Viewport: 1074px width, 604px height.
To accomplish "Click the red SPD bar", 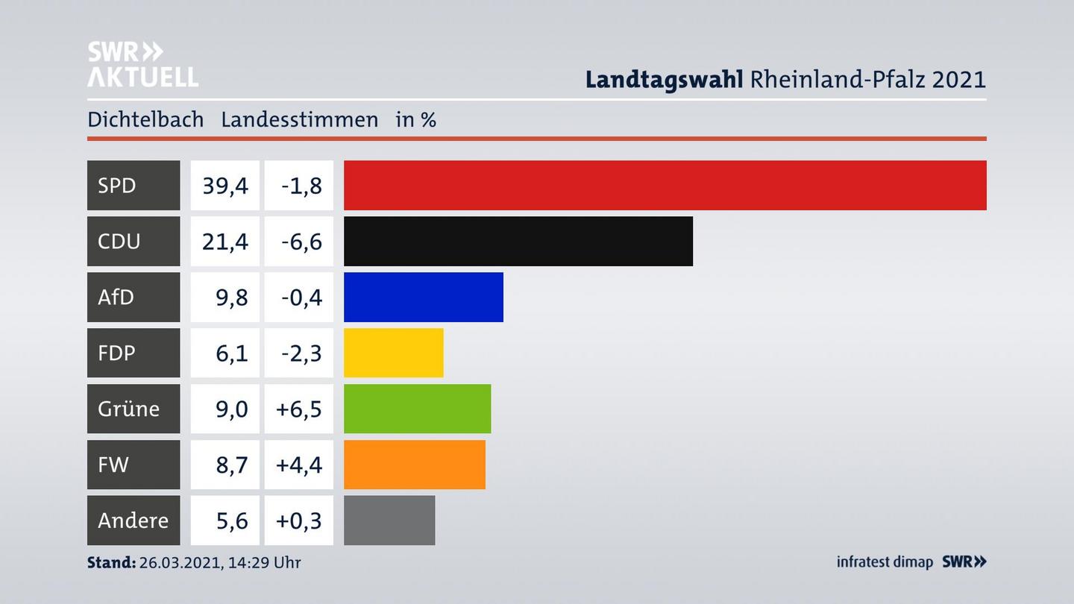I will coord(665,185).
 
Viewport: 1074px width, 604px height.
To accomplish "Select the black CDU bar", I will coord(518,241).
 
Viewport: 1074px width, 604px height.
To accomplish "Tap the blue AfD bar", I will coord(423,297).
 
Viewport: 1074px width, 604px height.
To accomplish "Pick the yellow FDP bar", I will coord(393,353).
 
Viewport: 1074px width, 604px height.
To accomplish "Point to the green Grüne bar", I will coord(417,409).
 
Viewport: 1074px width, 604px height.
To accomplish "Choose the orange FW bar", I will coord(414,465).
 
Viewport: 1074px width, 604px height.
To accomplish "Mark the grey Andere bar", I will coord(389,520).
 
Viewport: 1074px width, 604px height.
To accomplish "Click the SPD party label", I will coord(117,185).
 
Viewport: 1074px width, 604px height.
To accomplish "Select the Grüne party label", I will coord(128,409).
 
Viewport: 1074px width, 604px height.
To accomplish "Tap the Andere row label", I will coord(133,520).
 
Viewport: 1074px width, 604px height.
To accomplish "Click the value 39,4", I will coord(225,185).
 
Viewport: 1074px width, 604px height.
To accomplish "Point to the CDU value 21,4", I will coord(225,241).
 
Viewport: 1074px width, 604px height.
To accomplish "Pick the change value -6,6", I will coord(301,241).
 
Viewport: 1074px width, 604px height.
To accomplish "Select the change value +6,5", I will coord(299,409).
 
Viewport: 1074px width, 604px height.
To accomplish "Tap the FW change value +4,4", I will coord(299,465).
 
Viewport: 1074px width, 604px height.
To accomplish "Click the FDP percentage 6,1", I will coord(231,353).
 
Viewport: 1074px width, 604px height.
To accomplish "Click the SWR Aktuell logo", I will coord(142,64).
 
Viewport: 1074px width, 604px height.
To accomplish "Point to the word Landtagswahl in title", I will coord(663,79).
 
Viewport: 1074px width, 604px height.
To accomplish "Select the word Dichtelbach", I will coord(145,119).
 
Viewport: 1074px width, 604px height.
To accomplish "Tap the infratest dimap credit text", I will coord(885,561).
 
